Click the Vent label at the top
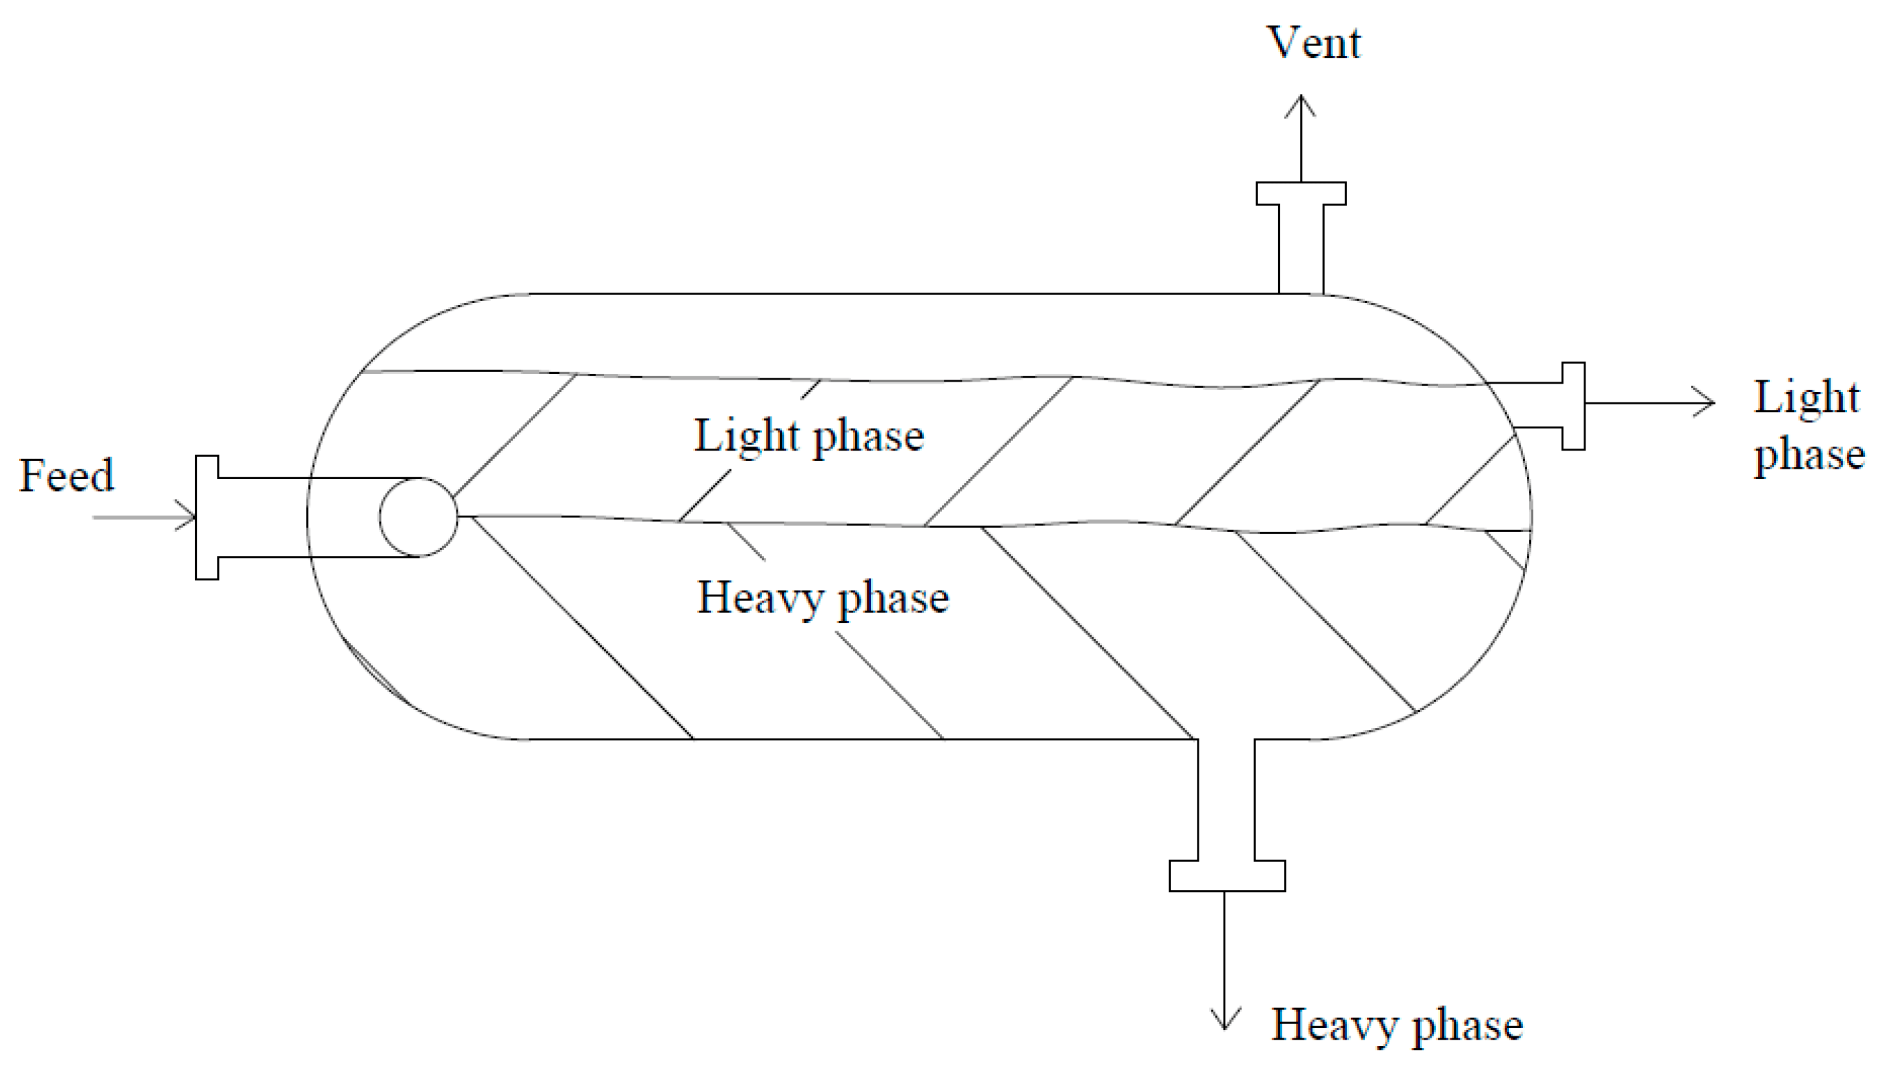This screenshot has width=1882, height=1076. pyautogui.click(x=1313, y=42)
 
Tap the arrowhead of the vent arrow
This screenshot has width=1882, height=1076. pyautogui.click(x=1300, y=103)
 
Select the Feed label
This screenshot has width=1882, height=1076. pyautogui.click(x=66, y=475)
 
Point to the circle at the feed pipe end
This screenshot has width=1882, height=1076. pyautogui.click(x=418, y=517)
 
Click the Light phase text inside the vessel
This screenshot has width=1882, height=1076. pyautogui.click(x=808, y=436)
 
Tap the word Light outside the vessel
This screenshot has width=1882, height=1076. pyautogui.click(x=1806, y=398)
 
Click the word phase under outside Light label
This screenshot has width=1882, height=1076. pyautogui.click(x=1809, y=454)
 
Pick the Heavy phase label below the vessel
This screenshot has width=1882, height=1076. pyautogui.click(x=1396, y=1025)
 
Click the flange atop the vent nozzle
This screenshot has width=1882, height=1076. pyautogui.click(x=1301, y=194)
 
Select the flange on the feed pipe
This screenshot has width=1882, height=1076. pyautogui.click(x=207, y=518)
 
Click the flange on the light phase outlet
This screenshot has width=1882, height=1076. pyautogui.click(x=1573, y=405)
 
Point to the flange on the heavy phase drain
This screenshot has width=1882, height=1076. pyautogui.click(x=1227, y=876)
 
